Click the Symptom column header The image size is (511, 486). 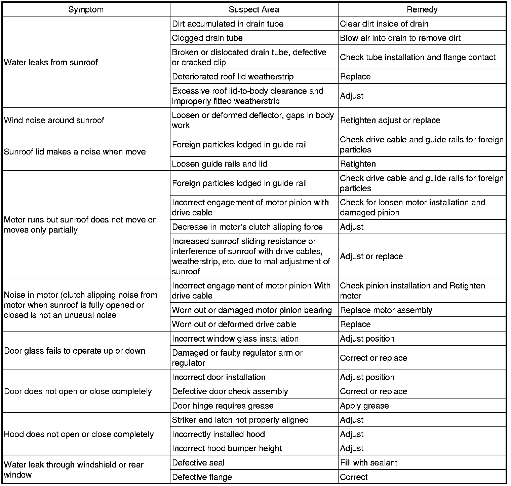[86, 9]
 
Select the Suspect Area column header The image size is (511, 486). [254, 9]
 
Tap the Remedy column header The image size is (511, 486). [422, 9]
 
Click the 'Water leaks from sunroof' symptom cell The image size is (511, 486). [51, 62]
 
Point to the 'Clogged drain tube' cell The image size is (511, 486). [207, 38]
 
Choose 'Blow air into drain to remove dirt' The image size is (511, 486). [400, 38]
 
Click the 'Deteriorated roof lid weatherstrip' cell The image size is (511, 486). [233, 76]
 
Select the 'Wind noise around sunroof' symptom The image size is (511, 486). [54, 120]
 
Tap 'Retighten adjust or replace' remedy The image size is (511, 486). [390, 120]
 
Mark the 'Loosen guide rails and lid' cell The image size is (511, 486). [220, 164]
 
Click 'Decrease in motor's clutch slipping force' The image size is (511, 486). [247, 227]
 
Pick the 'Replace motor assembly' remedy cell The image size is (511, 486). [386, 310]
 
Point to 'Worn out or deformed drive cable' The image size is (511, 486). [234, 324]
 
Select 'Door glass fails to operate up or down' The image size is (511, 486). [75, 351]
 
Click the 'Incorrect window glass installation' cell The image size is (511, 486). [235, 339]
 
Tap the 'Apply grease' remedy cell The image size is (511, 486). [364, 406]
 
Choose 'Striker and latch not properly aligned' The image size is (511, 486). [240, 420]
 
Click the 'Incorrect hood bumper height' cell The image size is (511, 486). [227, 448]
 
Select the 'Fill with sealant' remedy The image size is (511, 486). [368, 463]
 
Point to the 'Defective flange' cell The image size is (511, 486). [202, 477]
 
